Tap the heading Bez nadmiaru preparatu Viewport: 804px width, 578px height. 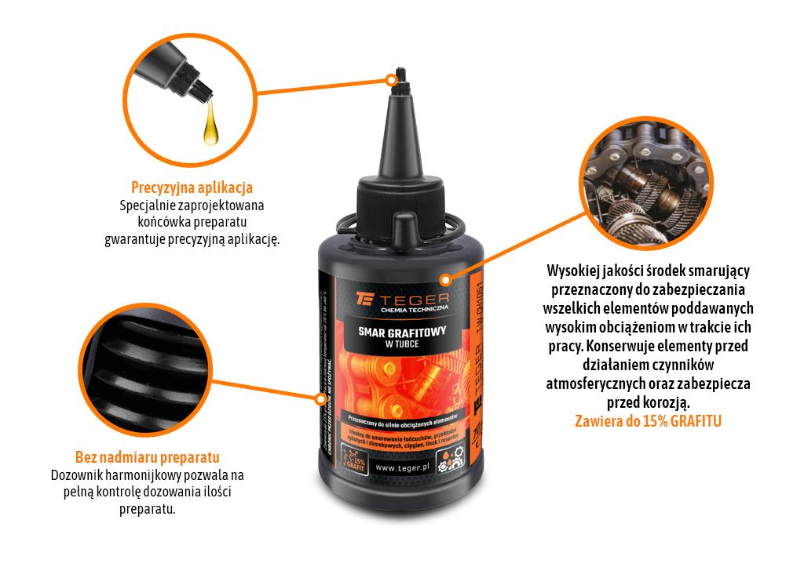click(x=147, y=457)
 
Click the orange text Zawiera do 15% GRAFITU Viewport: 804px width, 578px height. click(x=649, y=421)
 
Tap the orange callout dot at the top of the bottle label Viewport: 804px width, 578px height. click(x=444, y=278)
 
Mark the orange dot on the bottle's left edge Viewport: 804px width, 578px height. click(x=320, y=398)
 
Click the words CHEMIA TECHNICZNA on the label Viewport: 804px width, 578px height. click(x=413, y=312)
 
